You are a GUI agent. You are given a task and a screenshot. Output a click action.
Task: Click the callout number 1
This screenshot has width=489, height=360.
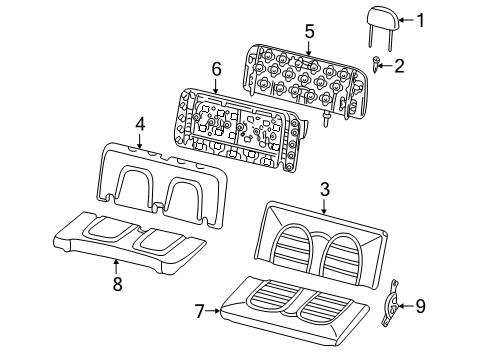tap(421, 20)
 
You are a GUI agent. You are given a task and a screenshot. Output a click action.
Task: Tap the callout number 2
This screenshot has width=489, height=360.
tap(399, 66)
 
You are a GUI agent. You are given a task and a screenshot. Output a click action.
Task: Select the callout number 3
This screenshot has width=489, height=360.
tap(325, 189)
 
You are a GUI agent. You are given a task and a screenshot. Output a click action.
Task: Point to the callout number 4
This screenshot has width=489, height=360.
tap(140, 124)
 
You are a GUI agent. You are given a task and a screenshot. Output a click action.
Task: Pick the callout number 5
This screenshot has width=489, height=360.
tap(310, 31)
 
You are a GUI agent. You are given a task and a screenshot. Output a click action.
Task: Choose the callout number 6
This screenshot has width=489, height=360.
tap(216, 69)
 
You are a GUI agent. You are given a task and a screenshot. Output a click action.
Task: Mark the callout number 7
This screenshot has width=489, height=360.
tap(199, 311)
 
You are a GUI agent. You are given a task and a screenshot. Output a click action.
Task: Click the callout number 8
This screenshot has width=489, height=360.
tap(117, 284)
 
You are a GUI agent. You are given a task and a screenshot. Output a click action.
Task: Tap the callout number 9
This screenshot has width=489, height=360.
tap(420, 306)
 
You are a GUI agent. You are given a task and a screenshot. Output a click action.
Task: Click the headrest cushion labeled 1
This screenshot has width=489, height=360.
tap(383, 20)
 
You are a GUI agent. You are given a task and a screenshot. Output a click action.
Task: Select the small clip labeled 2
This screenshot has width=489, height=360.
tap(376, 64)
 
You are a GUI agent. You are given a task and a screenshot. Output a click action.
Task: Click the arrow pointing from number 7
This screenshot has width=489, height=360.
tap(213, 311)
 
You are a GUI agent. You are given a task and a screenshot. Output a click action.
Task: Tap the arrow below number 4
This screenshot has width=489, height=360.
tap(140, 141)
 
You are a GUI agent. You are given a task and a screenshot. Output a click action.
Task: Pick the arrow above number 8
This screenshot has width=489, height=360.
tap(116, 267)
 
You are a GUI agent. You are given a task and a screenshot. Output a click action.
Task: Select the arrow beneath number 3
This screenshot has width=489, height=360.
tap(324, 206)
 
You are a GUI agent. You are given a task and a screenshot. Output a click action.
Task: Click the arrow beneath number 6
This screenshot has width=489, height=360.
tap(216, 86)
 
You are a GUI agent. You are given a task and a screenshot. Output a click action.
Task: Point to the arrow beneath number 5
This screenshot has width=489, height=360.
tap(309, 48)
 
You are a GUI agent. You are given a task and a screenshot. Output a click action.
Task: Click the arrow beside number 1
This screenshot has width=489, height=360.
tap(407, 20)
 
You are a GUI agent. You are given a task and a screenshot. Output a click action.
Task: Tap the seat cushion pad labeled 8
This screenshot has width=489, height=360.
tap(129, 242)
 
